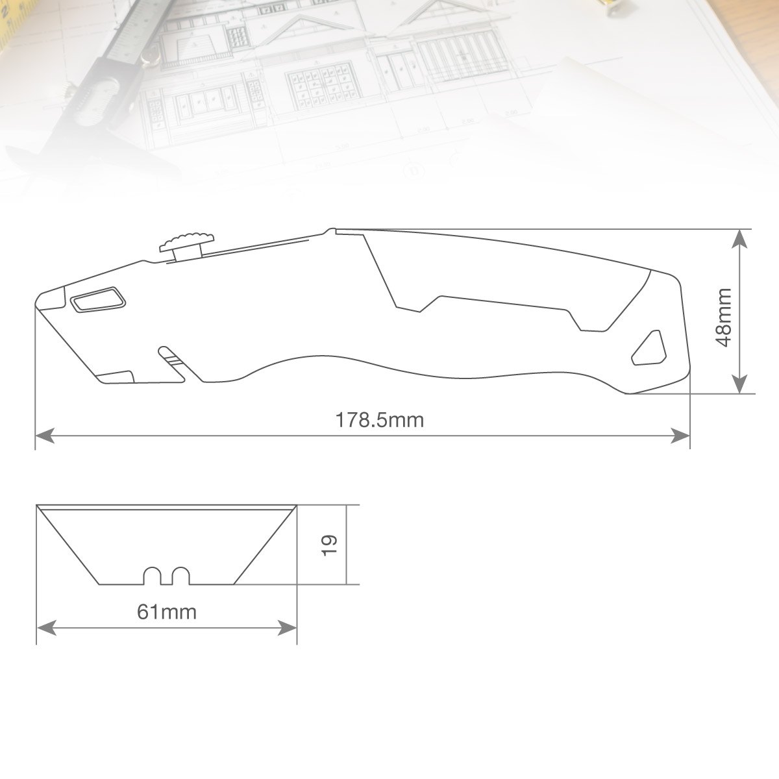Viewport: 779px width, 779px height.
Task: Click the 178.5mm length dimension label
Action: click(380, 420)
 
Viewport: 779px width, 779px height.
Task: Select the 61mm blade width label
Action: click(167, 612)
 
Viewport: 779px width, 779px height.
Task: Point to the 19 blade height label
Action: click(329, 545)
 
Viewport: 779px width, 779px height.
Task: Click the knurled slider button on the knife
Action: click(187, 247)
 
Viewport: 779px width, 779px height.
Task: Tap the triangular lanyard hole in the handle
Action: click(649, 349)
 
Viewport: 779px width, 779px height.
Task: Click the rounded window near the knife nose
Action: click(98, 299)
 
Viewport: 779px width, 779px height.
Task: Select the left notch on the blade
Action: click(153, 576)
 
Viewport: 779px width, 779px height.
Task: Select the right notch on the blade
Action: click(180, 576)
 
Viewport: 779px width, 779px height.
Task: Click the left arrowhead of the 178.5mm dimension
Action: click(45, 436)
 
